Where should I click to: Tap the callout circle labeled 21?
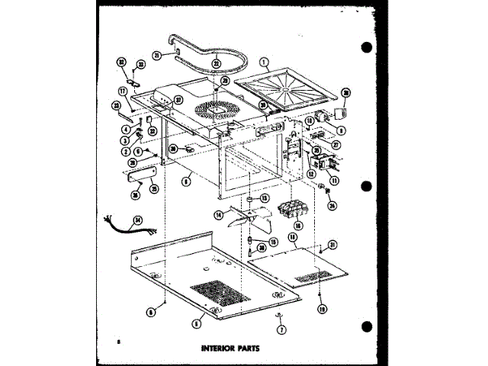[156, 55]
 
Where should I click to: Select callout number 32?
[121, 63]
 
